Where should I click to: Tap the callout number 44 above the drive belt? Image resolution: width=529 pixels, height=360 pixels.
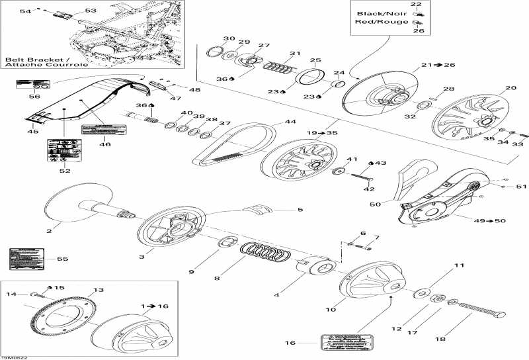pos(290,122)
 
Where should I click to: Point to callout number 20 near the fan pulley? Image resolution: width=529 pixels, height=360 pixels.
pos(510,88)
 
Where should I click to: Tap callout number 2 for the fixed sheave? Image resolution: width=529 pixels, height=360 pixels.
pos(49,230)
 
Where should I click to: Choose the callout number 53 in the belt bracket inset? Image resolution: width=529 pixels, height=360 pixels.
pos(91,11)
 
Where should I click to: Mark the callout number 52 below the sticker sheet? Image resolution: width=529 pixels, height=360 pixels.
pos(64,171)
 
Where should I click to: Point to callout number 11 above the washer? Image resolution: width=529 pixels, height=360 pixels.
pos(440,267)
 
